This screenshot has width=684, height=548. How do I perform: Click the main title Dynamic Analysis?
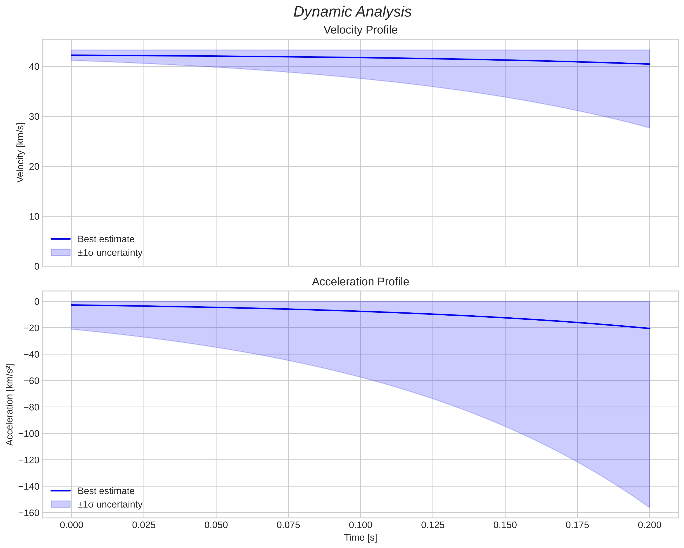pyautogui.click(x=352, y=12)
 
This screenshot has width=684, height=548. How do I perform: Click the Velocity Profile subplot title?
pyautogui.click(x=360, y=30)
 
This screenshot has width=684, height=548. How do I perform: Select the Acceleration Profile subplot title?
pyautogui.click(x=360, y=282)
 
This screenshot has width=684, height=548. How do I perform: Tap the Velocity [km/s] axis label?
pyautogui.click(x=20, y=153)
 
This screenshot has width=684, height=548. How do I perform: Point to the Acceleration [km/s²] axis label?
pyautogui.click(x=10, y=404)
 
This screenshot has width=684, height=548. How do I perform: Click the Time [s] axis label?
pyautogui.click(x=360, y=538)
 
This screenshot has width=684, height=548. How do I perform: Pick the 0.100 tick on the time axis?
pyautogui.click(x=360, y=525)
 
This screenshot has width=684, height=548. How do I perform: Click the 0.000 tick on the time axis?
pyautogui.click(x=72, y=525)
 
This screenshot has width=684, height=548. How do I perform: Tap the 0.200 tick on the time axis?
pyautogui.click(x=649, y=525)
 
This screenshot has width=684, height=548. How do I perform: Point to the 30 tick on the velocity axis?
pyautogui.click(x=34, y=117)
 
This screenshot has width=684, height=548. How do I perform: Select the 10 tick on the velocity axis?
pyautogui.click(x=34, y=217)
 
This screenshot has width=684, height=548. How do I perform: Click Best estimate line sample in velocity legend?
pyautogui.click(x=61, y=239)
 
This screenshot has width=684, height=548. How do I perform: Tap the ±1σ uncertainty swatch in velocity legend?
pyautogui.click(x=61, y=253)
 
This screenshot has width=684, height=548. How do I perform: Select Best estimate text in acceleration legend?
pyautogui.click(x=106, y=491)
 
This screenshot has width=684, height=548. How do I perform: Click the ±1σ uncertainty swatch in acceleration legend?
pyautogui.click(x=61, y=504)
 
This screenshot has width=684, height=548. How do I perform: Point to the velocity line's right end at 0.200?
pyautogui.click(x=649, y=64)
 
